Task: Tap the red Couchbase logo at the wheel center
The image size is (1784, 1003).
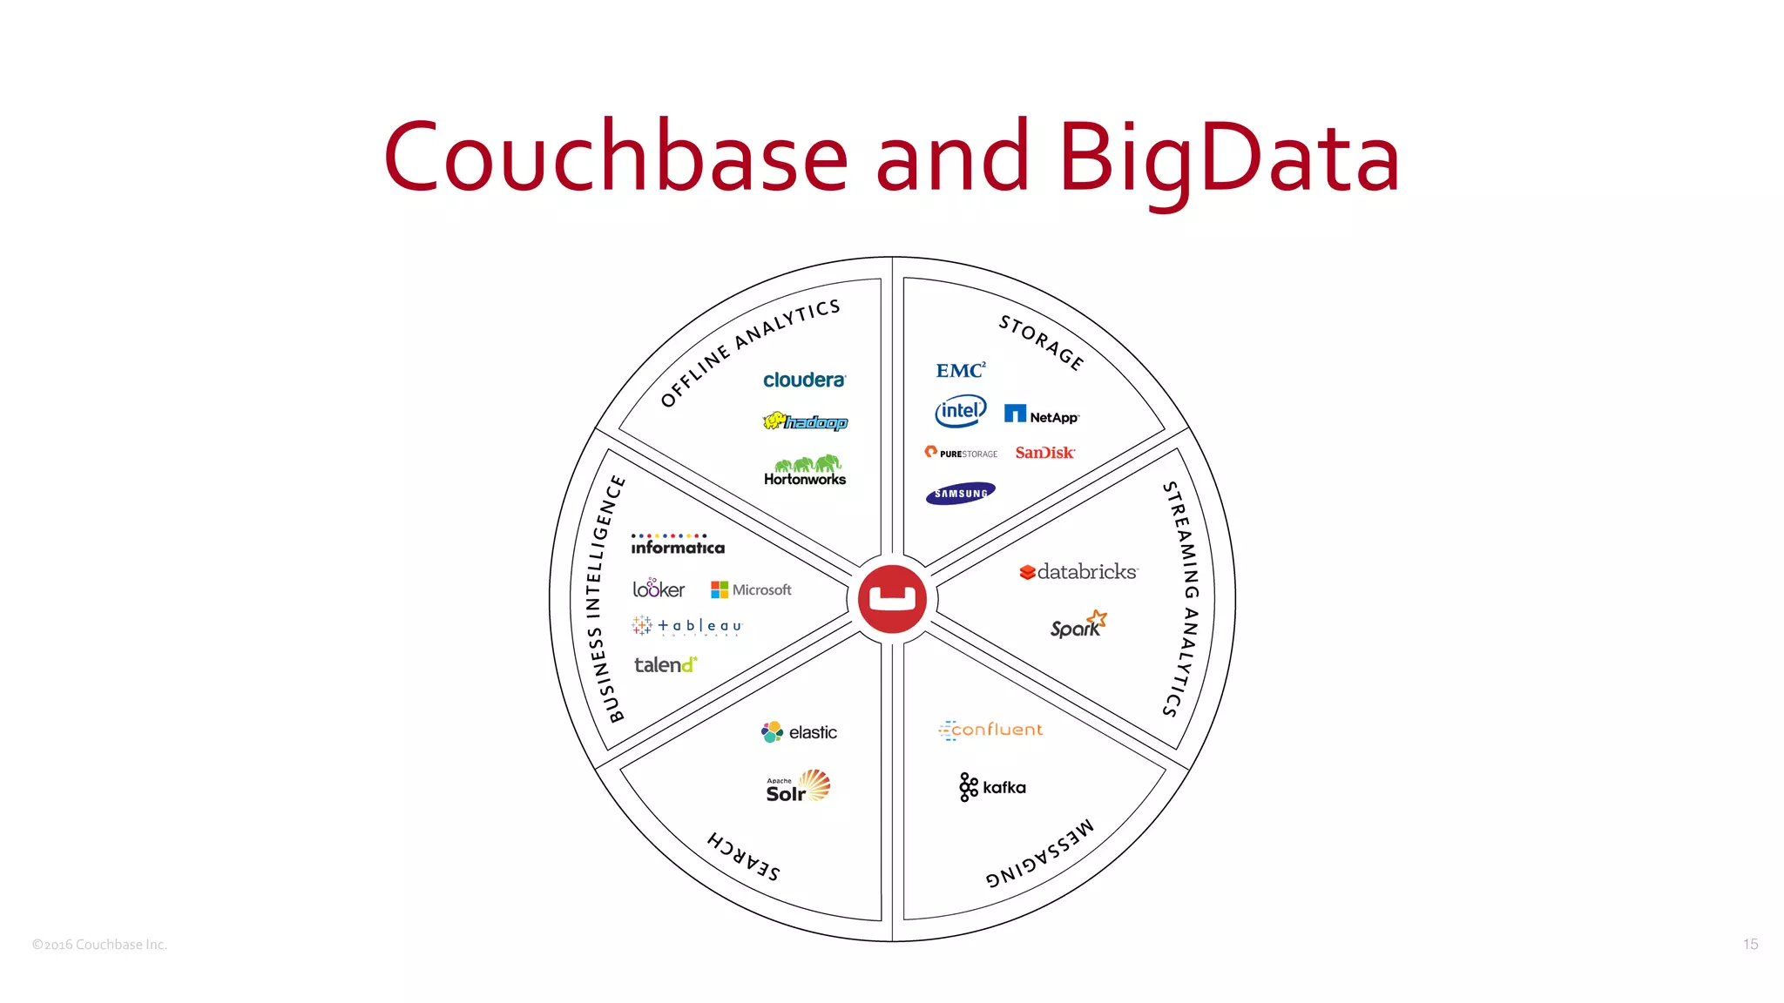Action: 892,599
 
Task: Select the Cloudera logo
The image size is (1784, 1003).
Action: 804,380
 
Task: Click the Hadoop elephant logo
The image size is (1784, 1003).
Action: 805,422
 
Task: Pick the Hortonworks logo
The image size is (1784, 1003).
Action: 805,471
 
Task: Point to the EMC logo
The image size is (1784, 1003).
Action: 961,371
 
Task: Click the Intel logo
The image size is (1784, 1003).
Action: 961,411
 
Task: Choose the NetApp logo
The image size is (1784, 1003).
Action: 1041,415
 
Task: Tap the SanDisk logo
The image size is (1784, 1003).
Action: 1044,453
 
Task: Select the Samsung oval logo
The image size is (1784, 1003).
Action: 960,494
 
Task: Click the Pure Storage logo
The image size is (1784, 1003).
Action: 961,453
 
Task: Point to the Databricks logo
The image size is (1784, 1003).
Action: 1078,572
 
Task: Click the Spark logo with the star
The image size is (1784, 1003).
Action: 1078,625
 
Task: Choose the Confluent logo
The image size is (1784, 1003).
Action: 990,730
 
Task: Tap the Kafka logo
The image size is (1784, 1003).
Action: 992,787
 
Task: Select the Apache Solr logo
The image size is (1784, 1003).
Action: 798,786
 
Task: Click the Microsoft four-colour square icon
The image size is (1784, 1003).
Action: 719,589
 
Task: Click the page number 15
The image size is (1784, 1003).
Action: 1750,945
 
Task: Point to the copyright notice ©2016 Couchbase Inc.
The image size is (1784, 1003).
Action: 99,945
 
